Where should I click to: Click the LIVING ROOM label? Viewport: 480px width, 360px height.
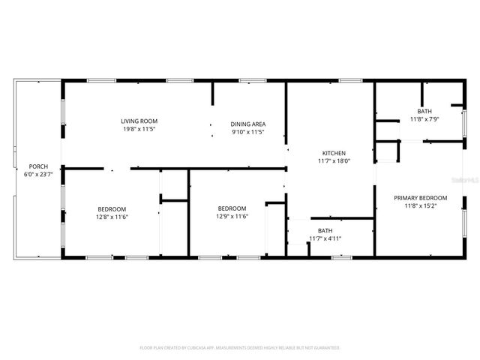[x=139, y=121]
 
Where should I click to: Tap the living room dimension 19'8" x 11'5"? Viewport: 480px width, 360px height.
[x=139, y=128]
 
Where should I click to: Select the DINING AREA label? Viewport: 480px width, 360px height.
[x=247, y=124]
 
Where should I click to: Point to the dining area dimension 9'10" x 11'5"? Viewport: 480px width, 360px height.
[x=247, y=132]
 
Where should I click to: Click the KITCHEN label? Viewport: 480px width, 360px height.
[x=334, y=152]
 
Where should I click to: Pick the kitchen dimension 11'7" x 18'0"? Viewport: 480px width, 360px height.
[x=334, y=160]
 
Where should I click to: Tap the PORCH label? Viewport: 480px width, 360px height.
[x=38, y=166]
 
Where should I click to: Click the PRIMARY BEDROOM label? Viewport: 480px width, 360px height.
[x=421, y=198]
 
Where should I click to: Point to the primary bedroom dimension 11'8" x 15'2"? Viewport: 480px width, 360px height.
[x=421, y=205]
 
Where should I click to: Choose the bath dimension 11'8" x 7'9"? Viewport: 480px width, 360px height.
[x=424, y=118]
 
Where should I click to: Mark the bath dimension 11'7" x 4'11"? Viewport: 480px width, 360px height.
[x=325, y=238]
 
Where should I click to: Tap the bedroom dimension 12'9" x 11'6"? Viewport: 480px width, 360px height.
[x=232, y=216]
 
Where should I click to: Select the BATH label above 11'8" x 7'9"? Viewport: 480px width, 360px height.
[x=424, y=111]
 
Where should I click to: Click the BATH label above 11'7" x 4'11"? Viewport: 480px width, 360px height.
[x=325, y=231]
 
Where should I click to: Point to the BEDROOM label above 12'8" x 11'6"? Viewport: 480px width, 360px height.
[x=112, y=208]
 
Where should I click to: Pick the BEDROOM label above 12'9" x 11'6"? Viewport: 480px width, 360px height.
[x=232, y=208]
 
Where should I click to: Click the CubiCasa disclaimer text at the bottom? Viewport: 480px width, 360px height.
[x=240, y=348]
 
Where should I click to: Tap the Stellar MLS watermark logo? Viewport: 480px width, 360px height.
[x=463, y=181]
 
